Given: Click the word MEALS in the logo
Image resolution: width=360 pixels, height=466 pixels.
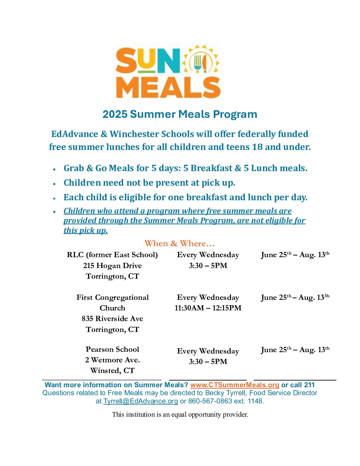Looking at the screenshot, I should (x=168, y=88).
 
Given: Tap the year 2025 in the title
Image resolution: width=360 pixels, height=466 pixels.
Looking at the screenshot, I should (x=115, y=114).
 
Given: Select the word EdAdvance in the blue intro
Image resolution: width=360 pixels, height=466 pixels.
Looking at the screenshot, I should (x=74, y=134).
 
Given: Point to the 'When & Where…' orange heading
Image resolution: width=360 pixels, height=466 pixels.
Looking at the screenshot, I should (x=180, y=244).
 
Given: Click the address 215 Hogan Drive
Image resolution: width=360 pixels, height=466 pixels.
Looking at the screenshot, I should (x=112, y=265).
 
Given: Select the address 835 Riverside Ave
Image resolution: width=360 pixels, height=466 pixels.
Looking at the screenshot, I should (x=112, y=318).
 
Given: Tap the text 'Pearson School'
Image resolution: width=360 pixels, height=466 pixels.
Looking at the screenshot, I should (x=112, y=349).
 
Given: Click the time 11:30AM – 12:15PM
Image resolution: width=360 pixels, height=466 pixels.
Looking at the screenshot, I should (x=208, y=308).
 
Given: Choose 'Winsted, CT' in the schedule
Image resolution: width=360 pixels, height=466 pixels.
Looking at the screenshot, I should (x=112, y=370).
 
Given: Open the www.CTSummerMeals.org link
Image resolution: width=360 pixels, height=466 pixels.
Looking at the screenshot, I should (x=235, y=385).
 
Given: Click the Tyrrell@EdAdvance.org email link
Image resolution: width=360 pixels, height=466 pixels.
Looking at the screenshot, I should (x=141, y=401).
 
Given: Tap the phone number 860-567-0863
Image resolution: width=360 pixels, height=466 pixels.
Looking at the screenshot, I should (x=210, y=401).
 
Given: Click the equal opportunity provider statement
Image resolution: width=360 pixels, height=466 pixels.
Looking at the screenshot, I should (x=180, y=414).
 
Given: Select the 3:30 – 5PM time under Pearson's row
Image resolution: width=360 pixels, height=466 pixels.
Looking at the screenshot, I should (x=208, y=361).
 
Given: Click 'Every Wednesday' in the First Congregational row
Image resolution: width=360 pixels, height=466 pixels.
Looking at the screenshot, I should (x=208, y=297).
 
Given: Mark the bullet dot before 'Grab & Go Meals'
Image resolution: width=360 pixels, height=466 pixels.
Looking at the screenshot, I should (x=54, y=169).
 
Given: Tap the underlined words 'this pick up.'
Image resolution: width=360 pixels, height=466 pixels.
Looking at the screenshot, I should (x=85, y=230).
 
